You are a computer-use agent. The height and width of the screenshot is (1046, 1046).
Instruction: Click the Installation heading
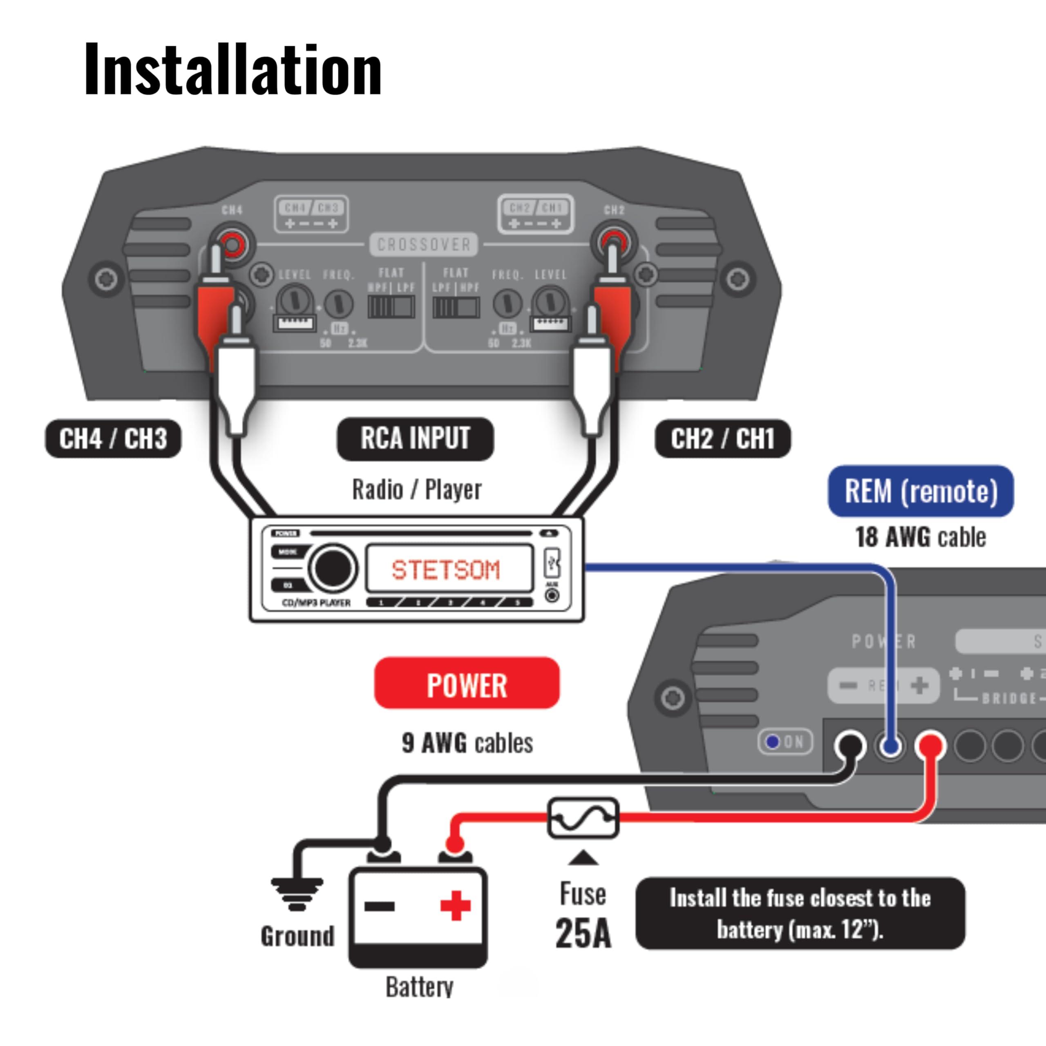click(233, 70)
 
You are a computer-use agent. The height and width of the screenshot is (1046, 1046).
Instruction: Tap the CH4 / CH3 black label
click(113, 438)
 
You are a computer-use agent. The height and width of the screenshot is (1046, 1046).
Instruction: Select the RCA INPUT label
click(415, 438)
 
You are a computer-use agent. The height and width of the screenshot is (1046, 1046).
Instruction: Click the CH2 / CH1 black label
click(722, 438)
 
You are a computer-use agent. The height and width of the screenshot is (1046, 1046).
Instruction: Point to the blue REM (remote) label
click(921, 491)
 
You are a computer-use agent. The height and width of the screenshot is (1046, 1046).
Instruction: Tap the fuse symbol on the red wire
click(583, 818)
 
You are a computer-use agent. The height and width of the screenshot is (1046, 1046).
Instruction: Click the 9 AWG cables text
click(467, 743)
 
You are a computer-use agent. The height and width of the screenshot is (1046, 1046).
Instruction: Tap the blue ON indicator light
click(773, 742)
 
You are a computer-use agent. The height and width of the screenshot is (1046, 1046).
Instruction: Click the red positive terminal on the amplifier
click(931, 746)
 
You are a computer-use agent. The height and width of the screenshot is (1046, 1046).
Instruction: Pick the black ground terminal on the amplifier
click(851, 746)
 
